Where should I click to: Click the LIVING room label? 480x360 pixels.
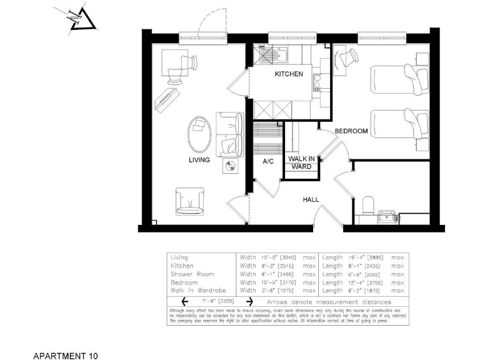coord(199,160)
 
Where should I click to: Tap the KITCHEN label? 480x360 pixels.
coord(289,74)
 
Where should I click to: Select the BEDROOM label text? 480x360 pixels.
coord(351,131)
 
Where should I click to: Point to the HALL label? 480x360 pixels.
coord(311,200)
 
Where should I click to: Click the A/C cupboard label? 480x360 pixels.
coord(269,161)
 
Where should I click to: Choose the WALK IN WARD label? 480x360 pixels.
coord(301,163)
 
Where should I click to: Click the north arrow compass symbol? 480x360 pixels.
coord(80,19)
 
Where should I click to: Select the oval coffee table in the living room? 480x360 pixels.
coord(201,134)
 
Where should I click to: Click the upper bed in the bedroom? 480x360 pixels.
coord(400,79)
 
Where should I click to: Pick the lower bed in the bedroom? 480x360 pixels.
coord(400,124)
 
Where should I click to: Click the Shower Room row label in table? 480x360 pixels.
coord(192,274)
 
